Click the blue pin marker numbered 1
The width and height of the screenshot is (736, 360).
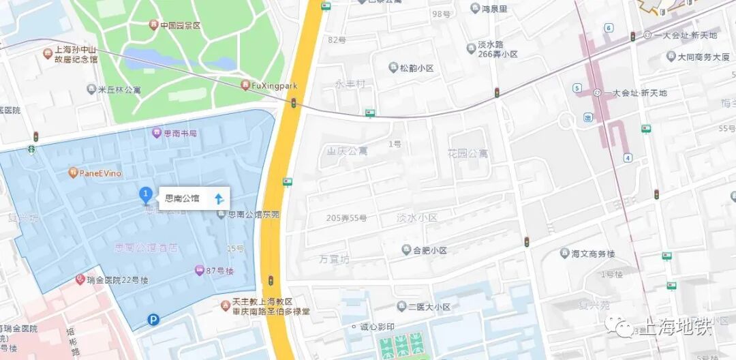pyautogui.click(x=145, y=195)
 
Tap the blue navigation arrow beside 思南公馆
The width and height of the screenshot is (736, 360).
pyautogui.click(x=219, y=198)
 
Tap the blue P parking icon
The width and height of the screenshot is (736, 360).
pyautogui.click(x=154, y=318)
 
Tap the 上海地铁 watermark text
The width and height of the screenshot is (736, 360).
pyautogui.click(x=675, y=327)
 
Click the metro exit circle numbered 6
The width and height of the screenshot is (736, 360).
pyautogui.click(x=609, y=28)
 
